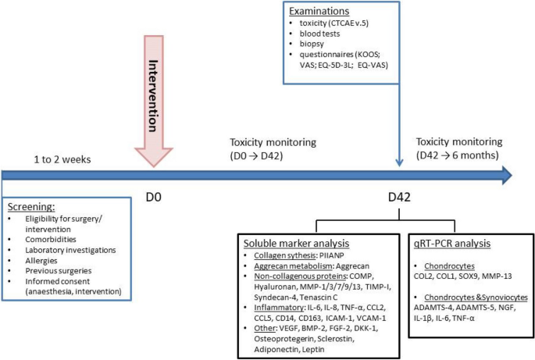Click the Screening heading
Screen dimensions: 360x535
32,206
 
